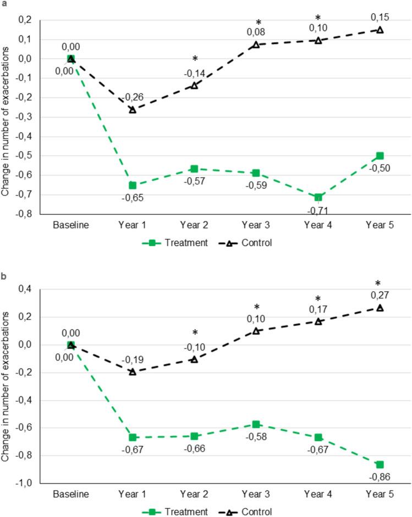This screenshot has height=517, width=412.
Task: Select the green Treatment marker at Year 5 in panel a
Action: pos(380,155)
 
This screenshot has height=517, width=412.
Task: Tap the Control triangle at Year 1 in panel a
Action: pos(132,110)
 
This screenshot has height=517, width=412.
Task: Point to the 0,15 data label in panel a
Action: pos(380,16)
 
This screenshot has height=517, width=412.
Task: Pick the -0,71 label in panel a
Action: pos(317,210)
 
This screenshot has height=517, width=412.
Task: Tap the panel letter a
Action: pos(4,4)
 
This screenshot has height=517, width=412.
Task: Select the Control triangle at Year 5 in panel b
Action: pos(380,308)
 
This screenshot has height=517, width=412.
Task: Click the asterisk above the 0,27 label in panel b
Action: pos(380,284)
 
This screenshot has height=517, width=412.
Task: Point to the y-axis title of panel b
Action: pos(8,385)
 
